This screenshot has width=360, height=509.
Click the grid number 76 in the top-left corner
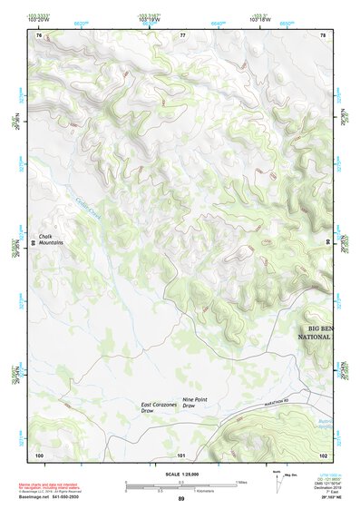click(39, 34)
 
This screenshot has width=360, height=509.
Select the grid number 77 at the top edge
click(182, 34)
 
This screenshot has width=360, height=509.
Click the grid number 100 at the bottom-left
click(39, 455)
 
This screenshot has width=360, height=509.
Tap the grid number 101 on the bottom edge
click(181, 455)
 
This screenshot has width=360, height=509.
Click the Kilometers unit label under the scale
click(181, 493)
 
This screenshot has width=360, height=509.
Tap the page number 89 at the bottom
click(181, 500)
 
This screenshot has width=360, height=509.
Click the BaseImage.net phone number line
click(51, 500)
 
